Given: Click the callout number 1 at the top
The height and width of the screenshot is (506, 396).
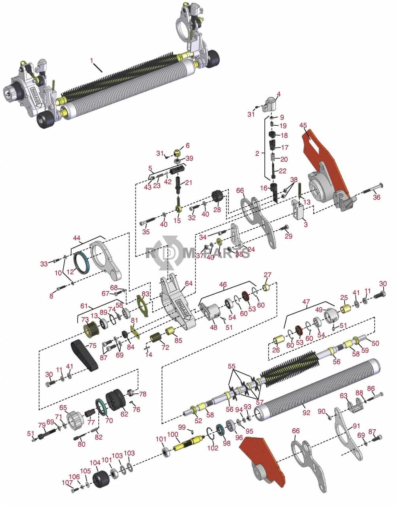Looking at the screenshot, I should point(92,61).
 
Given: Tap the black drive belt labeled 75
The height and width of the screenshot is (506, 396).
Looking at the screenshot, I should point(83,356).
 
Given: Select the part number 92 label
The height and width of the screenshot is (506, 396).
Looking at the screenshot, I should point(306,413).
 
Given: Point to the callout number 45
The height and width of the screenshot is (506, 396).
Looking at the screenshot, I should point(303,125).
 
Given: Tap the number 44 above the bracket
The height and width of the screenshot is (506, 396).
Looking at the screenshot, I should point(77,238).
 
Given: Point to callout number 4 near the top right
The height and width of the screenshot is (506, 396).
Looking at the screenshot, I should point(278,94).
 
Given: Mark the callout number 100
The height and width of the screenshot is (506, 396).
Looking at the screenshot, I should point(173,434).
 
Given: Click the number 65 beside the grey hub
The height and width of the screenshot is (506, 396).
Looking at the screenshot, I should point(63,408).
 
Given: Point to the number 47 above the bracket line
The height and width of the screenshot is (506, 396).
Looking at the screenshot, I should point(306,302).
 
